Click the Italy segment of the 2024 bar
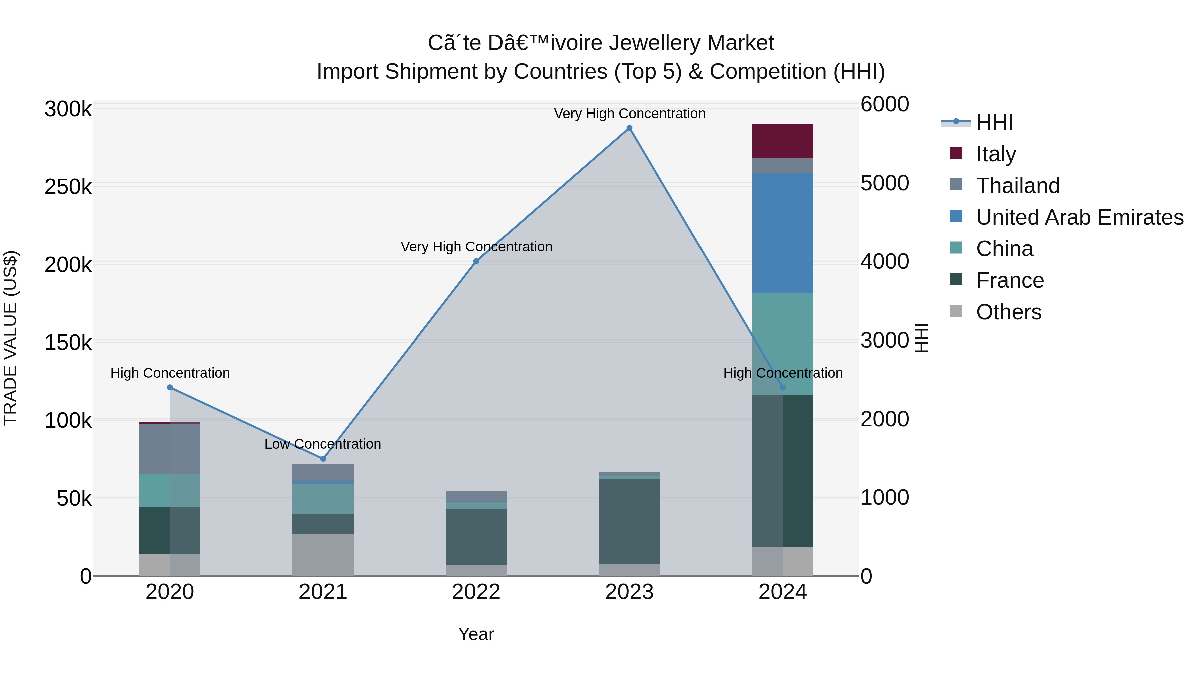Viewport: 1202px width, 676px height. coord(783,141)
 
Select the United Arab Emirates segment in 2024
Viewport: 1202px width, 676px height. coord(783,233)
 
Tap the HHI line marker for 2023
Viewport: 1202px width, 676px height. coord(629,128)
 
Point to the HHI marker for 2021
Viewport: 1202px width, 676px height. coord(323,459)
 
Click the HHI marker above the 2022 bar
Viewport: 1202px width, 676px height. coord(476,261)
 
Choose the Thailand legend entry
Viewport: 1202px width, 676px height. coord(1017,186)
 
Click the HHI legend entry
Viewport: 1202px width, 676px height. coord(994,122)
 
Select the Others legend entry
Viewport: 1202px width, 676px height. coord(1008,312)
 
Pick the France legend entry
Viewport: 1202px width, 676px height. coord(1009,280)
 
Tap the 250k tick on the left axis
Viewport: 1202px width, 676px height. coord(68,187)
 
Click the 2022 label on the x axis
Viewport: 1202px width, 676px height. coord(476,592)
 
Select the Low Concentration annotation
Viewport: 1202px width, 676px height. coord(323,444)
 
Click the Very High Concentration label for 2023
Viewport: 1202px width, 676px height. coord(629,114)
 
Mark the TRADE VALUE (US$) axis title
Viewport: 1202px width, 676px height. coord(10,338)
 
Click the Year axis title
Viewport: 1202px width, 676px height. coord(476,634)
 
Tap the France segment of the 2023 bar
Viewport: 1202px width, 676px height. coord(629,521)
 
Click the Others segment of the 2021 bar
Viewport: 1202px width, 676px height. coord(323,555)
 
